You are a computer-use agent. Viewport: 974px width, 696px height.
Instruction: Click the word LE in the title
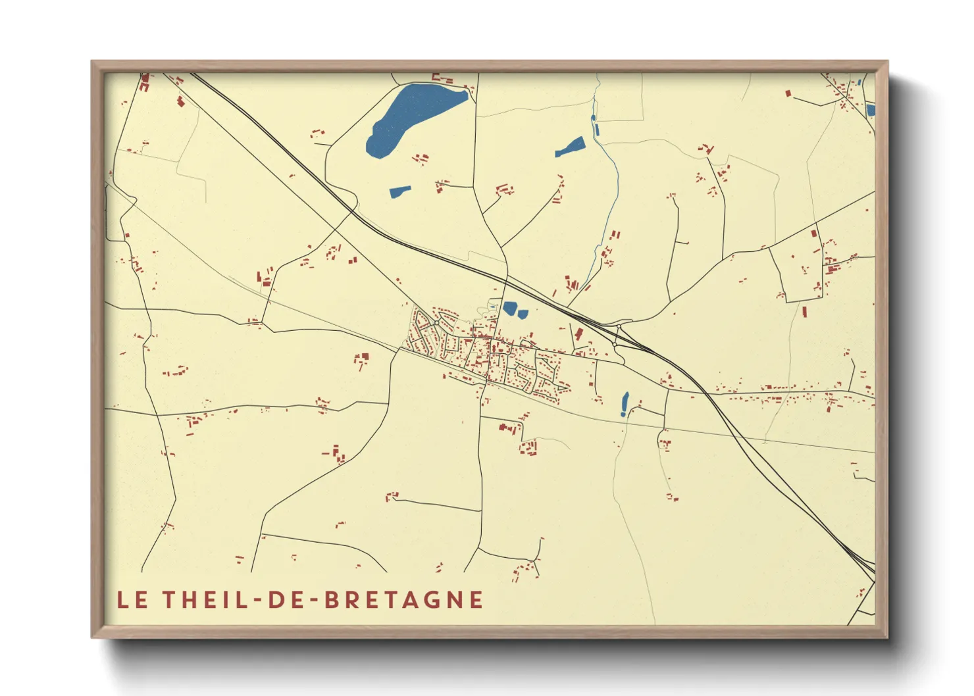131,600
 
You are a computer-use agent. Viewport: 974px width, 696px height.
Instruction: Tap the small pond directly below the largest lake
399,191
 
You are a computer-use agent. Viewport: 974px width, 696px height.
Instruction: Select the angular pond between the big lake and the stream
570,147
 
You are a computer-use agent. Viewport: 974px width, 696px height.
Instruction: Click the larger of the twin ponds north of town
509,307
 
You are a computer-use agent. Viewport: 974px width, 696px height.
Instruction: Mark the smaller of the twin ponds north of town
523,314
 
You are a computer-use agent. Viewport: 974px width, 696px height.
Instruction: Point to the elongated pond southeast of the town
624,403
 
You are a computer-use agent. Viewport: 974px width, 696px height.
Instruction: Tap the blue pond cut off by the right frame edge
871,111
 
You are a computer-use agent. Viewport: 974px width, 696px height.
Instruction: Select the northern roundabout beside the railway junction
619,326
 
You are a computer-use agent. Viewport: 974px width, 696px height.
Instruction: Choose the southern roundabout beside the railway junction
615,344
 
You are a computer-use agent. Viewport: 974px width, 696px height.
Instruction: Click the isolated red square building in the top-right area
788,93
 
